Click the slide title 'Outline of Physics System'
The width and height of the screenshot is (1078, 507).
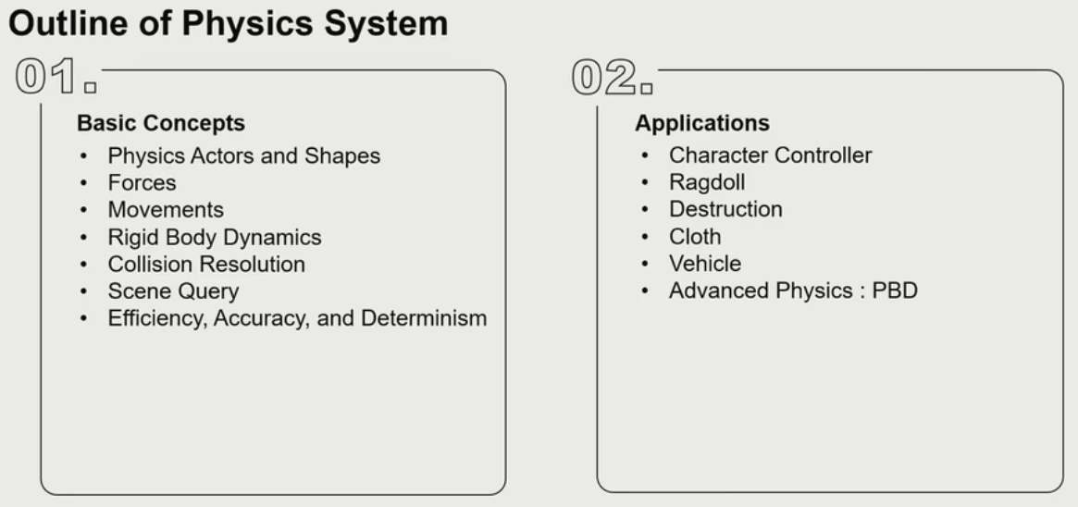(228, 23)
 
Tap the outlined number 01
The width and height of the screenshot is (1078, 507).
(56, 76)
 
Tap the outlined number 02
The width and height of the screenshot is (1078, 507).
(612, 76)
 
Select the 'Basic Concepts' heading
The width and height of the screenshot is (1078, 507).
(161, 123)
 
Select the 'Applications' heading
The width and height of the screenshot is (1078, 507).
(702, 123)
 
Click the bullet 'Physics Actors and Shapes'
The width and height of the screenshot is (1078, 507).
(244, 156)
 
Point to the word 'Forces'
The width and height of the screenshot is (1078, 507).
(142, 183)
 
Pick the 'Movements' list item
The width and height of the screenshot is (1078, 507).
(166, 209)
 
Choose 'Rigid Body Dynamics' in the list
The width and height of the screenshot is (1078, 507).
(215, 237)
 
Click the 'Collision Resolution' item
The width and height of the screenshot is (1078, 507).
(206, 264)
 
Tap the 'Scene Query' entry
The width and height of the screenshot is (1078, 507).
(173, 291)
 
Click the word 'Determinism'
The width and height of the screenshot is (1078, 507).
(424, 318)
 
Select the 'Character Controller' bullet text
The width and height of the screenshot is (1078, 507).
(770, 155)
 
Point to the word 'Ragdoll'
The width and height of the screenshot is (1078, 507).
(707, 183)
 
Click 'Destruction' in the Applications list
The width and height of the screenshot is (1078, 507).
(725, 209)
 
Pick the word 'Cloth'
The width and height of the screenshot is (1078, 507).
(695, 236)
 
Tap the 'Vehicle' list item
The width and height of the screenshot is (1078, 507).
(705, 263)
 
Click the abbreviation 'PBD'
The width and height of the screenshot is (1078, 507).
(895, 291)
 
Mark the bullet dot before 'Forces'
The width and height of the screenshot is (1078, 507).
(84, 183)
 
